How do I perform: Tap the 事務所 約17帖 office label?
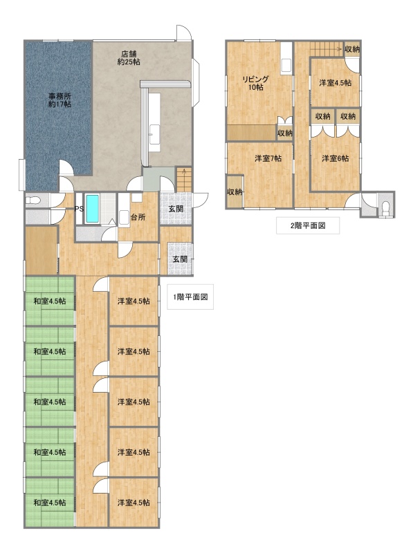tap(59, 100)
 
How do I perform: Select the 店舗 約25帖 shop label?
tap(129, 58)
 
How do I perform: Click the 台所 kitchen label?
tap(138, 217)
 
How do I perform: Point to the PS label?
tap(79, 209)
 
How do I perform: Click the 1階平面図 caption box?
tap(190, 297)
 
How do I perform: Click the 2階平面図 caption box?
tap(308, 226)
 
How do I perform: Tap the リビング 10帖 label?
tap(255, 83)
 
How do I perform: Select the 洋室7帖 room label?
tap(268, 159)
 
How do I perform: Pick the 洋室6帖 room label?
tap(335, 159)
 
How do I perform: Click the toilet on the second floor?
tap(386, 207)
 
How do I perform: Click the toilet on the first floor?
tap(33, 200)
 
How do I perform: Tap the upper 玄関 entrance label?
tap(176, 209)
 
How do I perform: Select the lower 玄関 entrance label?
tap(180, 259)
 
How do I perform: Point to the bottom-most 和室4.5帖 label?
tap(49, 503)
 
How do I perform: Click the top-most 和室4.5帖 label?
tap(49, 301)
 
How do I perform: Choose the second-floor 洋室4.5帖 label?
tap(335, 83)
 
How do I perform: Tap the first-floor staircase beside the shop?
tap(183, 180)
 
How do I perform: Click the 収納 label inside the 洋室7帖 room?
tap(235, 192)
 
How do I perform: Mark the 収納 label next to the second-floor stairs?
tap(352, 49)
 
